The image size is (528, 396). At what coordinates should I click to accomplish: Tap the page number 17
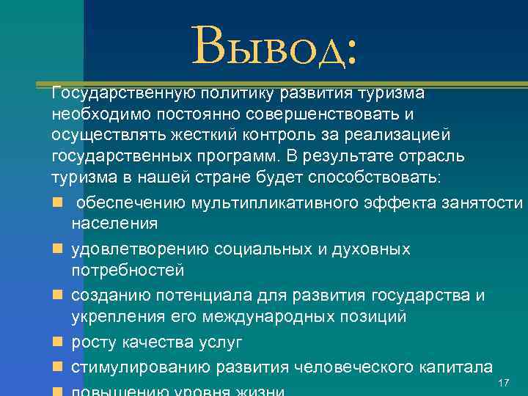[503, 384]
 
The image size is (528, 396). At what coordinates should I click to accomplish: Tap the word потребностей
[128, 271]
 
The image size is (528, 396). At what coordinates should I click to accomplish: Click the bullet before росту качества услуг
[58, 342]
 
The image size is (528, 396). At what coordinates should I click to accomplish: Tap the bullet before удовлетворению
[58, 249]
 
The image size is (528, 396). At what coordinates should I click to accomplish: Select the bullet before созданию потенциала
[58, 296]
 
